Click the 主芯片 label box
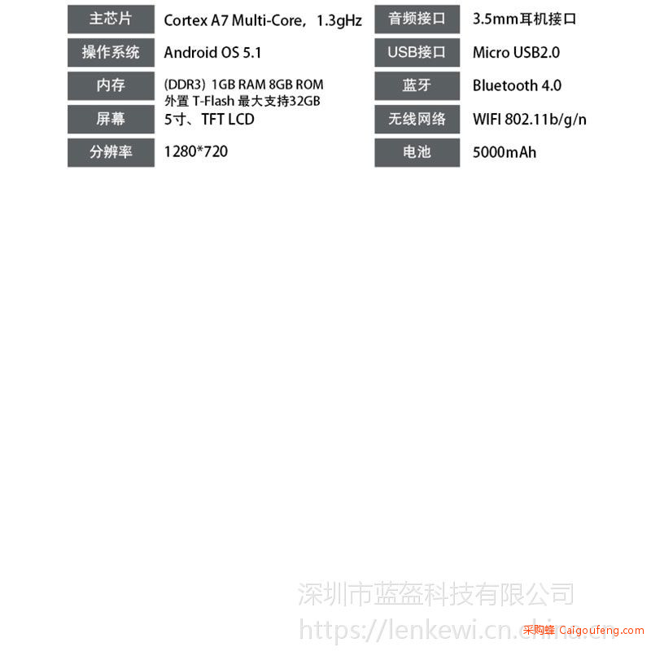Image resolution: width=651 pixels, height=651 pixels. coord(111,19)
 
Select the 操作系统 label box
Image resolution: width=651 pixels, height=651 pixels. coord(111,52)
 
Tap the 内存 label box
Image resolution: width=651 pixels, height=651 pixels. coord(111,85)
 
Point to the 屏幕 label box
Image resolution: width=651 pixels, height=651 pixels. coord(111,119)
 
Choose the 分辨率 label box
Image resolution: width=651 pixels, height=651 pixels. coord(111,152)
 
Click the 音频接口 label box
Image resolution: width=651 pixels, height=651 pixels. coord(417,19)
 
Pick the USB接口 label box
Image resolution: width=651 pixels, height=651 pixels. coord(417,52)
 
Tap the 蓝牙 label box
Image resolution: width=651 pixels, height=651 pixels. coord(417,85)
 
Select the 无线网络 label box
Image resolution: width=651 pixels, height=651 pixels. coord(417,119)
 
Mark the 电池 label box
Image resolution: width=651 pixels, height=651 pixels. coord(417,152)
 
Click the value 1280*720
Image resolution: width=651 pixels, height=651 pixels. coord(196,151)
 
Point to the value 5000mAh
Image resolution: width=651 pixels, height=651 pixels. coord(505,152)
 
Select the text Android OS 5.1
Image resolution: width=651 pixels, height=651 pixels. coord(212,53)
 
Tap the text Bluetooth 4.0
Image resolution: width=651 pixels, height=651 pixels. coord(517,85)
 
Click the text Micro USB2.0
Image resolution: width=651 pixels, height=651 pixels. coord(516,53)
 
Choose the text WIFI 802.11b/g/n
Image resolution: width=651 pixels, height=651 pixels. coord(530,120)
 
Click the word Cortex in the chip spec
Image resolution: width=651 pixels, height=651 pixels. coord(186,20)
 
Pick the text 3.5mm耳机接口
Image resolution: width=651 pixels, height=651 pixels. coord(524,19)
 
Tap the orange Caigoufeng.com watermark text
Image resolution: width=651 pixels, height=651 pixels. coord(601,630)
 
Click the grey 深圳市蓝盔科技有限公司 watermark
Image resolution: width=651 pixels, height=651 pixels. coord(436,594)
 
